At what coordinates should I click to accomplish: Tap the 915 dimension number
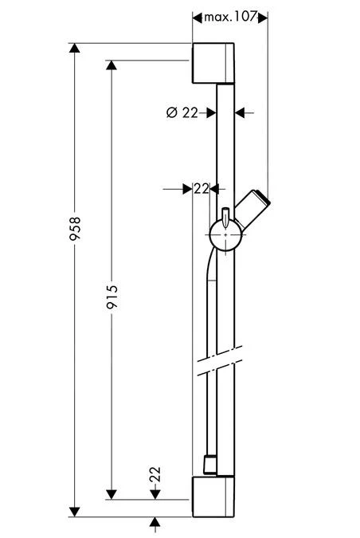click(x=112, y=300)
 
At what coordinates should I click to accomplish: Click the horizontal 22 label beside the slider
click(x=201, y=189)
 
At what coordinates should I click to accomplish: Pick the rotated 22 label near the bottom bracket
click(x=156, y=475)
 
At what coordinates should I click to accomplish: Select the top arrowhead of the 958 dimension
click(x=76, y=50)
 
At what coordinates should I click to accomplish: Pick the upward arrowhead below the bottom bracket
click(x=156, y=521)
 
